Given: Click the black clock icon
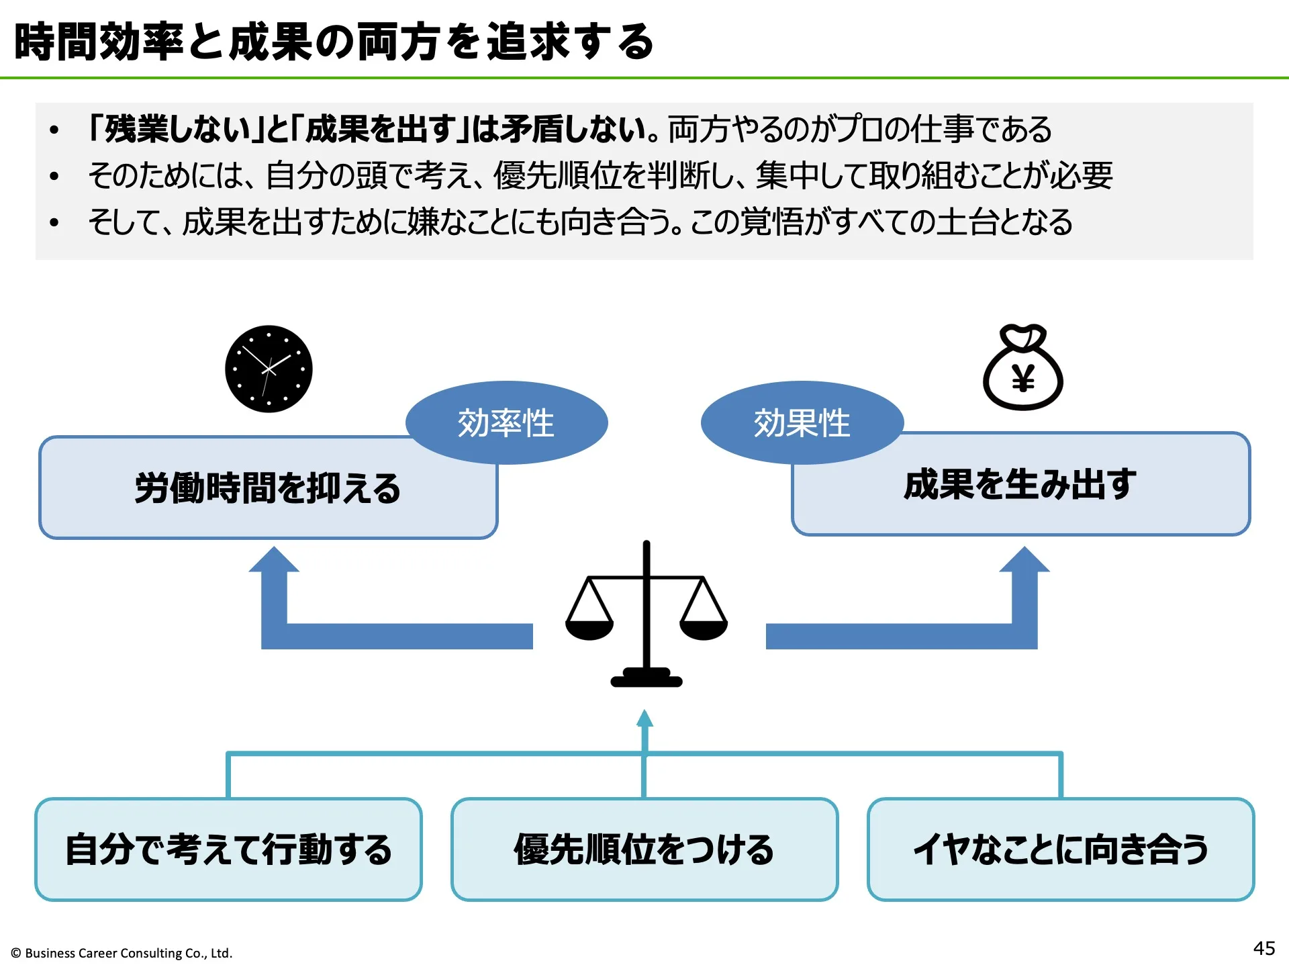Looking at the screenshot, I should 269,369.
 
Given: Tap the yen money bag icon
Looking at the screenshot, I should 1022,368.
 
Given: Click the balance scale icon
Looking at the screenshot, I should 646,614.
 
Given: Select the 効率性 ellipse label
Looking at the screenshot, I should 506,423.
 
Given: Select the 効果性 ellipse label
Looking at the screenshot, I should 802,423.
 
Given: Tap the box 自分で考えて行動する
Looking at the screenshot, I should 228,849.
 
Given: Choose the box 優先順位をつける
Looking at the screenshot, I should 644,849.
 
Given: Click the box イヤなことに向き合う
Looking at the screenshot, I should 1061,849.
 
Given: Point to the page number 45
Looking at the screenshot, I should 1263,948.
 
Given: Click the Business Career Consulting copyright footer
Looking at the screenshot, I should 122,953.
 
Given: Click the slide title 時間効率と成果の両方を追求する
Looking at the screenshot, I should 334,42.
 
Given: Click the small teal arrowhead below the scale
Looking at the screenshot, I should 644,719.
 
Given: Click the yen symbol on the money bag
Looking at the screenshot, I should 1023,380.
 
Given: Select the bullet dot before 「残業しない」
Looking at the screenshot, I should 54,130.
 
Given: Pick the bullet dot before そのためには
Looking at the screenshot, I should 54,176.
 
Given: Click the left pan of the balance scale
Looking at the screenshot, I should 589,629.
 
